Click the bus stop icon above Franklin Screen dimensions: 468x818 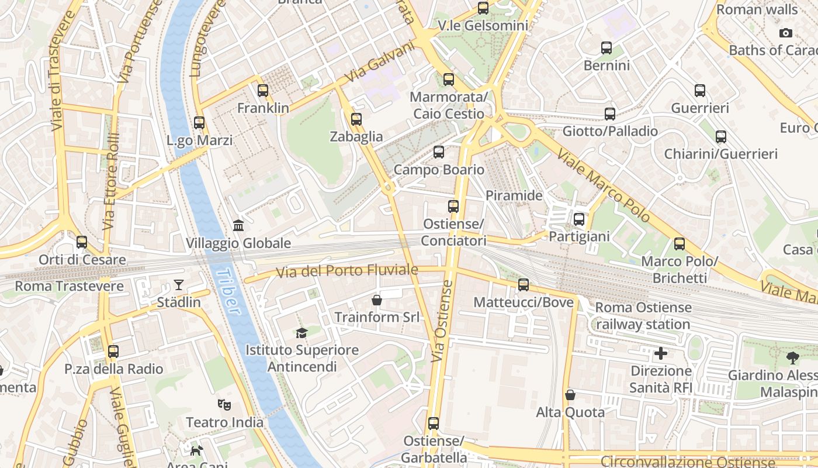(263, 91)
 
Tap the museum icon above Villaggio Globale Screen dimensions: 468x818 (238, 225)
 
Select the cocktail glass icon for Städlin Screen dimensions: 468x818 (179, 285)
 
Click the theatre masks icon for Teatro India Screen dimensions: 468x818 (224, 404)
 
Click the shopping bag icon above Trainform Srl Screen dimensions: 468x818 (377, 300)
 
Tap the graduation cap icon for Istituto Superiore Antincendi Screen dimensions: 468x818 (301, 333)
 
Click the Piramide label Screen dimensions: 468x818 (514, 195)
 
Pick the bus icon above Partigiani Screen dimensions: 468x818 (579, 219)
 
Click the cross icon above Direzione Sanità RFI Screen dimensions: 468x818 (661, 353)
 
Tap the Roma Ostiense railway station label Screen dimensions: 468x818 (643, 316)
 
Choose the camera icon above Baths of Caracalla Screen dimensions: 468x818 (786, 33)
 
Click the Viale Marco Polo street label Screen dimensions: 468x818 (604, 185)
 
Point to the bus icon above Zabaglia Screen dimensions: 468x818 (356, 119)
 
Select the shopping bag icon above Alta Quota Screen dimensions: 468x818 (570, 395)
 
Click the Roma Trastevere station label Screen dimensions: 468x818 (69, 286)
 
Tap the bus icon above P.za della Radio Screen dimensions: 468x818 (113, 352)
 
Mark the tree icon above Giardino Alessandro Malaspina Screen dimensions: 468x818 (792, 357)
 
